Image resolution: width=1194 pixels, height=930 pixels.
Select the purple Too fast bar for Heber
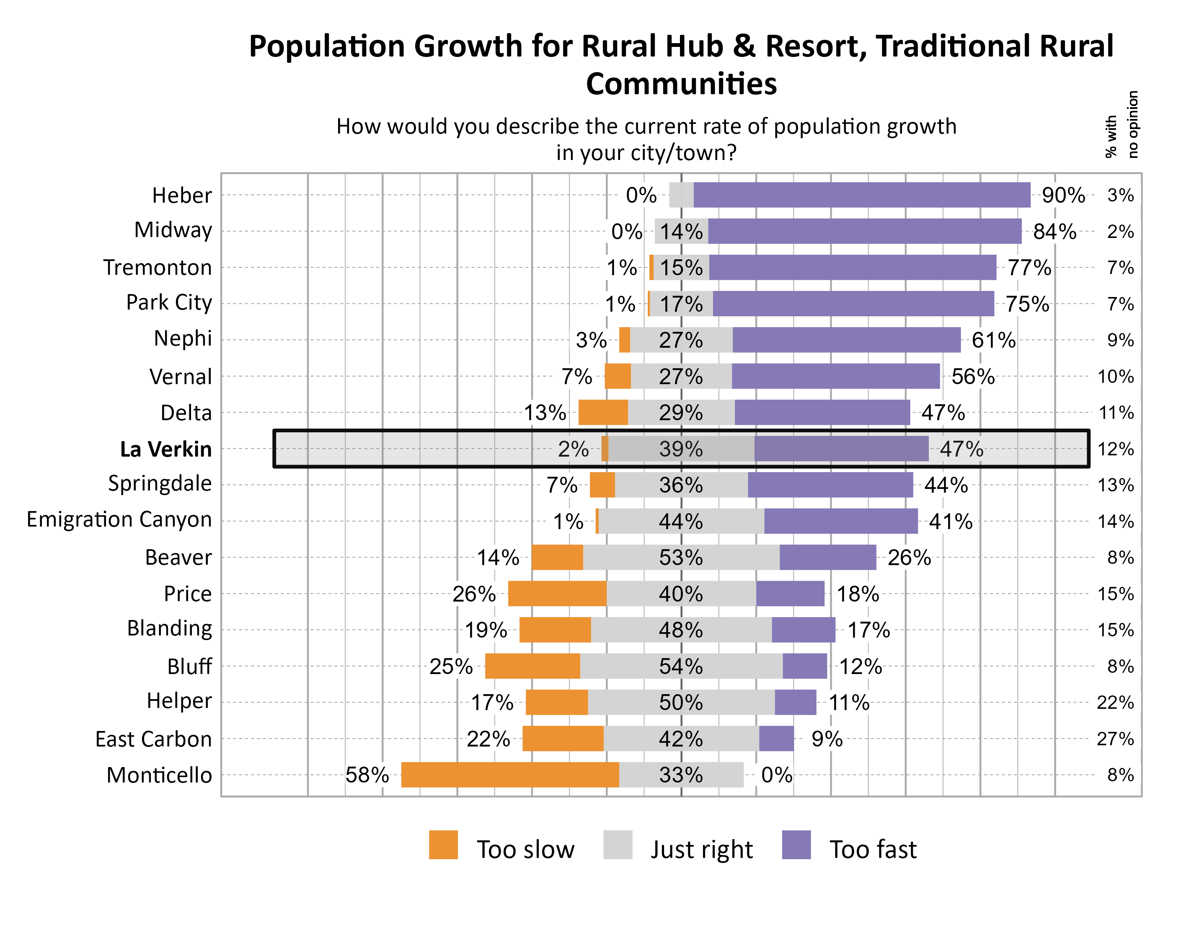tap(862, 195)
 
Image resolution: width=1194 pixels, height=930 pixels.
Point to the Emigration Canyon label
tap(119, 519)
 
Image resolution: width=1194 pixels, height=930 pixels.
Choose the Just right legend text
tap(701, 849)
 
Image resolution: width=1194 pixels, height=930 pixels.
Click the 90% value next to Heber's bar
tap(1063, 195)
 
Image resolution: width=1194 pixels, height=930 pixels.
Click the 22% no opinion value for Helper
tap(1115, 703)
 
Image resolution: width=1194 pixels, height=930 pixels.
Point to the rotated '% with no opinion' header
tap(1122, 125)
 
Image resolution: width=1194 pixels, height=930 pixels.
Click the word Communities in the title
tap(681, 84)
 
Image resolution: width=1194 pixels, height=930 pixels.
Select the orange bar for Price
tap(557, 594)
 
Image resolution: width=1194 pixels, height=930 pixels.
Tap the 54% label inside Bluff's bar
tap(681, 666)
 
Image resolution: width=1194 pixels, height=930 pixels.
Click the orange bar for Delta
tap(603, 413)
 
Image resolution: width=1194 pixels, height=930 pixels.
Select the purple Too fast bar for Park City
tap(853, 304)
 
